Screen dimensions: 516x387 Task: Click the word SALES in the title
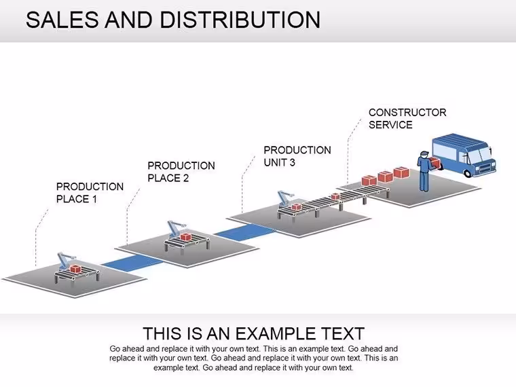click(x=62, y=20)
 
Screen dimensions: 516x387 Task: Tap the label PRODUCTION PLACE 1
click(x=90, y=193)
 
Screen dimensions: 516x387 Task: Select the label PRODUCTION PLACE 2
click(x=181, y=172)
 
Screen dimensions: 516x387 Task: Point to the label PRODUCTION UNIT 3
click(x=297, y=156)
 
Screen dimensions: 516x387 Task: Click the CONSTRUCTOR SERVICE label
click(x=407, y=118)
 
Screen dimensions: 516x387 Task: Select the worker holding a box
click(x=424, y=171)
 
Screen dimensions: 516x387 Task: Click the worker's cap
click(x=424, y=153)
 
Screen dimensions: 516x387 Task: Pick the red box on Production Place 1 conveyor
click(x=75, y=269)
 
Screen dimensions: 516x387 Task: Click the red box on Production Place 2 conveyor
click(x=185, y=237)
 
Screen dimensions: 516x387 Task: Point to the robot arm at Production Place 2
click(x=176, y=228)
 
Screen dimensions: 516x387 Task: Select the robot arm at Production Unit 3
click(x=285, y=198)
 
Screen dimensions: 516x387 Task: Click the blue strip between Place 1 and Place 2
click(x=132, y=262)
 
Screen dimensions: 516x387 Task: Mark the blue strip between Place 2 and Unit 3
click(x=245, y=232)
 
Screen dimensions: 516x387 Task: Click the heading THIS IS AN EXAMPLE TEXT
click(x=253, y=333)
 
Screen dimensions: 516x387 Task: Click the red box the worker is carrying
click(x=435, y=162)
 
